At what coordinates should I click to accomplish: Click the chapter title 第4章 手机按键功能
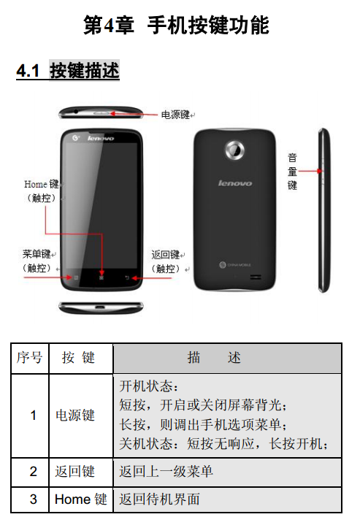pyautogui.click(x=176, y=25)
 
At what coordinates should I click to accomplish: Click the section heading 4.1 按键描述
pyautogui.click(x=68, y=71)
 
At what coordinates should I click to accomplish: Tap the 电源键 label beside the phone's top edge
pyautogui.click(x=175, y=115)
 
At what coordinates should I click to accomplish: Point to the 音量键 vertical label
pyautogui.click(x=292, y=172)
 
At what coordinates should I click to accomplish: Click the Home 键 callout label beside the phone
pyautogui.click(x=41, y=184)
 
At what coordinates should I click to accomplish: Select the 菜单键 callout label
pyautogui.click(x=37, y=254)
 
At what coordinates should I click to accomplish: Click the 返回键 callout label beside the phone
pyautogui.click(x=166, y=255)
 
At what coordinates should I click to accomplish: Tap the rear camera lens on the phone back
pyautogui.click(x=234, y=150)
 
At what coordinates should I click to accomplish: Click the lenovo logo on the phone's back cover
pyautogui.click(x=234, y=183)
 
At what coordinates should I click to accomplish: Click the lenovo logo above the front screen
pyautogui.click(x=101, y=138)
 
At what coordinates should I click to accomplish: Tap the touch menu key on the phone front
pyautogui.click(x=76, y=277)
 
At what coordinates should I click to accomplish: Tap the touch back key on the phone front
pyautogui.click(x=127, y=277)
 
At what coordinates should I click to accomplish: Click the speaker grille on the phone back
pyautogui.click(x=256, y=277)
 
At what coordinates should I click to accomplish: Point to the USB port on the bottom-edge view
pyautogui.click(x=100, y=307)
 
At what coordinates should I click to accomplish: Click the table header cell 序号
pyautogui.click(x=30, y=358)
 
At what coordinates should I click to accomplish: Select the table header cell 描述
pyautogui.click(x=227, y=358)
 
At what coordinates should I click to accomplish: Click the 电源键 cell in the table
pyautogui.click(x=75, y=415)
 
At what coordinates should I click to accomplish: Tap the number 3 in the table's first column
pyautogui.click(x=34, y=499)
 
